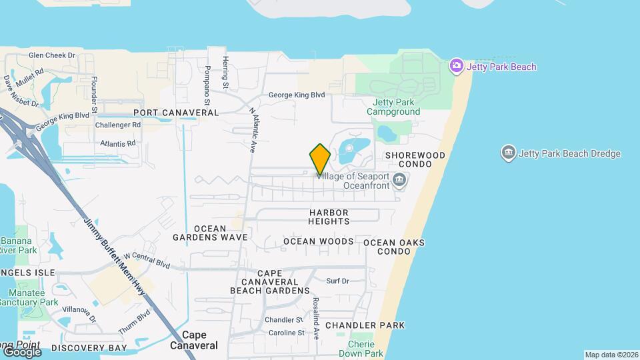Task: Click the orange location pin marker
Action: coord(320,159)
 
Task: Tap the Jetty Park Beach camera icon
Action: coord(457,65)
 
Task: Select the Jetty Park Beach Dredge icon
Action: coord(509,153)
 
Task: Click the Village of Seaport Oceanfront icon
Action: coord(399,179)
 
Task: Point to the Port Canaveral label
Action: coord(176,113)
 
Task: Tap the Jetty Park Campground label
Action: coord(393,107)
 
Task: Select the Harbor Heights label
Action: coord(329,217)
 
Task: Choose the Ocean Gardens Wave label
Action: coord(210,233)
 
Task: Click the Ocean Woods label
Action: coord(319,241)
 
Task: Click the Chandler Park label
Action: coord(365,325)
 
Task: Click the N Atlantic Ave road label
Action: coord(253,131)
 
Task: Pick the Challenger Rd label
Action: coord(118,125)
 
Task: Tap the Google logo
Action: coord(21,351)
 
